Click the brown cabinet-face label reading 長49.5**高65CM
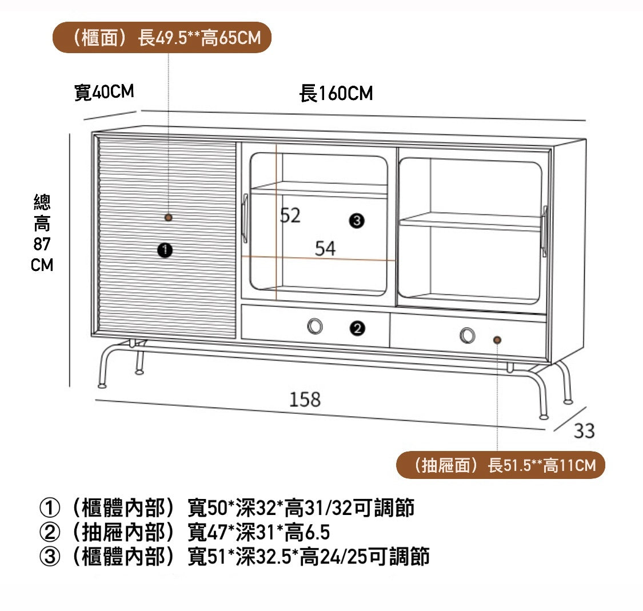click(x=162, y=38)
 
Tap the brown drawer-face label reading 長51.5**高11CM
click(x=500, y=465)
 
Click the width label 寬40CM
click(x=104, y=92)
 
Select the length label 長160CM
click(x=336, y=93)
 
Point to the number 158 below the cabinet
click(x=305, y=399)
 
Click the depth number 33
click(x=584, y=430)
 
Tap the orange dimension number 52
click(x=290, y=215)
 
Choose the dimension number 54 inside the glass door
click(x=325, y=248)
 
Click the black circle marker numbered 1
click(x=165, y=249)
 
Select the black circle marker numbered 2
click(x=357, y=328)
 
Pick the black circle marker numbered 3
click(x=357, y=221)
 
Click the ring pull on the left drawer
click(x=315, y=326)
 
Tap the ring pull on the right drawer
click(x=468, y=336)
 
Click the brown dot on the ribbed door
click(x=168, y=217)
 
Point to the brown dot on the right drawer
click(x=497, y=340)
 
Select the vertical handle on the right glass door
click(x=544, y=230)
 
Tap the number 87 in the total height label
click(x=42, y=244)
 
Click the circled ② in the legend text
click(x=49, y=532)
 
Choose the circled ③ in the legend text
click(x=49, y=556)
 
